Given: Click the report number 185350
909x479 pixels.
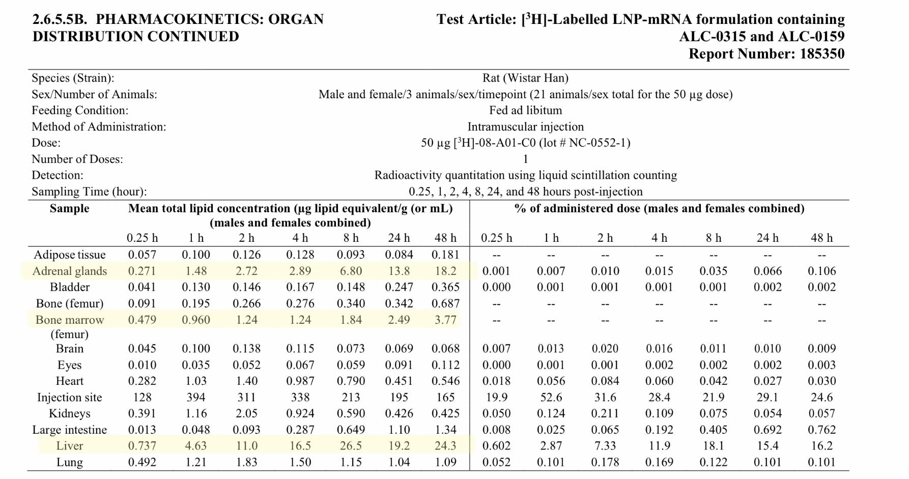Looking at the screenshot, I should pyautogui.click(x=821, y=54).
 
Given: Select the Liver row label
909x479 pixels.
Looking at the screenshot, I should pyautogui.click(x=69, y=446).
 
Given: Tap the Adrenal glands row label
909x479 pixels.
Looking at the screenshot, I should pyautogui.click(x=69, y=271).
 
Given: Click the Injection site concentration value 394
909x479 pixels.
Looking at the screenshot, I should pyautogui.click(x=195, y=397).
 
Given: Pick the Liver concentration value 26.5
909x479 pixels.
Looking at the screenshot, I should pyautogui.click(x=351, y=446).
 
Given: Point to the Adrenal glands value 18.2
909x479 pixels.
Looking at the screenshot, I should pyautogui.click(x=445, y=271).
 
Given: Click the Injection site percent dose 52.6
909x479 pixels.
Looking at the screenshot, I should pyautogui.click(x=551, y=397).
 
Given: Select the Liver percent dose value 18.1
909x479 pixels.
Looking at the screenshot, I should pyautogui.click(x=713, y=446).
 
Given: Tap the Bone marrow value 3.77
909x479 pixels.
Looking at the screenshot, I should pyautogui.click(x=445, y=320).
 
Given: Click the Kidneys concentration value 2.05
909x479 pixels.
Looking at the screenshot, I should pyautogui.click(x=247, y=413).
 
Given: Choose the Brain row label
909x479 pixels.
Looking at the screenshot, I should pyautogui.click(x=69, y=349).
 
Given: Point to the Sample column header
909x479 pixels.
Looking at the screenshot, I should pyautogui.click(x=69, y=209).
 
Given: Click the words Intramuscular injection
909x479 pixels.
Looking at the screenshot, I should pyautogui.click(x=525, y=127).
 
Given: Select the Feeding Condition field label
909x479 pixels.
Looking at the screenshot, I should pyautogui.click(x=80, y=110).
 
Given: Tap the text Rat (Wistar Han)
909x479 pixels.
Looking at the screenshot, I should pyautogui.click(x=525, y=78).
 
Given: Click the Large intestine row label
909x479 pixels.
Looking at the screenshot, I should pyautogui.click(x=69, y=430).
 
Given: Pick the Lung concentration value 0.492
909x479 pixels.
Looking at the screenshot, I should pyautogui.click(x=142, y=462).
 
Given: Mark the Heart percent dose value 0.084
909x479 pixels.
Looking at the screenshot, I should pyautogui.click(x=605, y=381).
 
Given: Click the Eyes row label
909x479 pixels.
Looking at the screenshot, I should pyautogui.click(x=69, y=365).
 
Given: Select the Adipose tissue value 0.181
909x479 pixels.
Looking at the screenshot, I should pyautogui.click(x=445, y=255).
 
